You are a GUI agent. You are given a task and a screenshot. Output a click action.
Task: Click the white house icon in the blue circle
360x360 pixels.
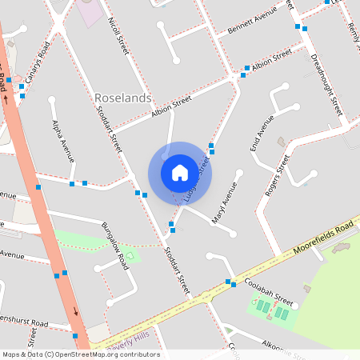(x=180, y=173)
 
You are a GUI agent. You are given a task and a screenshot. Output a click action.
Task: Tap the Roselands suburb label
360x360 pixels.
(x=123, y=98)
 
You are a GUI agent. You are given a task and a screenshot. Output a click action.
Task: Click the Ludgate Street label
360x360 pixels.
(x=196, y=180)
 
